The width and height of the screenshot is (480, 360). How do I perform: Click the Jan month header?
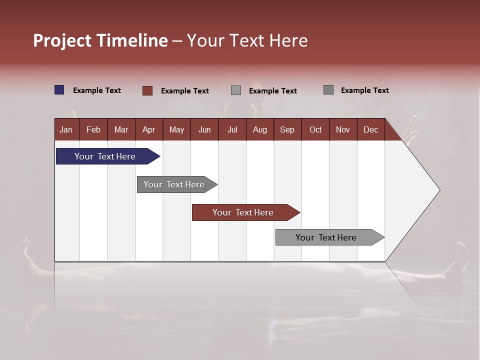point(66,129)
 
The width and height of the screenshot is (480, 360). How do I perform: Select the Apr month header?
point(148,129)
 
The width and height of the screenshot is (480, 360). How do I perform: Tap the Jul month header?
point(232,129)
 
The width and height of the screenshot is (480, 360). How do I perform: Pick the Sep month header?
point(287,129)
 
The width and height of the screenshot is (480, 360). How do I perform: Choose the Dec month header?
point(370,129)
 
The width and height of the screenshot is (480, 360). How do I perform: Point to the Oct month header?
point(315,129)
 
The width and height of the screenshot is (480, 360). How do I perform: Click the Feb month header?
point(93,129)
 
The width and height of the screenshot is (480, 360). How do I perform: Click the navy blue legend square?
point(59,90)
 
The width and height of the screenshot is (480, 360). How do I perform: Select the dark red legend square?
point(147,90)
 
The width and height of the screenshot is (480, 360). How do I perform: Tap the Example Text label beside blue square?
point(97,90)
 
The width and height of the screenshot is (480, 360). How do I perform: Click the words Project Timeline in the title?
point(100,40)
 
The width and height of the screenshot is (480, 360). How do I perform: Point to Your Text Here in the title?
point(247,40)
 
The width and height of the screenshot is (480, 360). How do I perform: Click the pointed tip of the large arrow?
point(438,190)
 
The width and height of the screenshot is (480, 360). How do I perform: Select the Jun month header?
point(204,129)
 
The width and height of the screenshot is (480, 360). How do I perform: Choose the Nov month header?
point(342,129)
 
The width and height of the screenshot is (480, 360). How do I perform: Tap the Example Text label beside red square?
point(185,91)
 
